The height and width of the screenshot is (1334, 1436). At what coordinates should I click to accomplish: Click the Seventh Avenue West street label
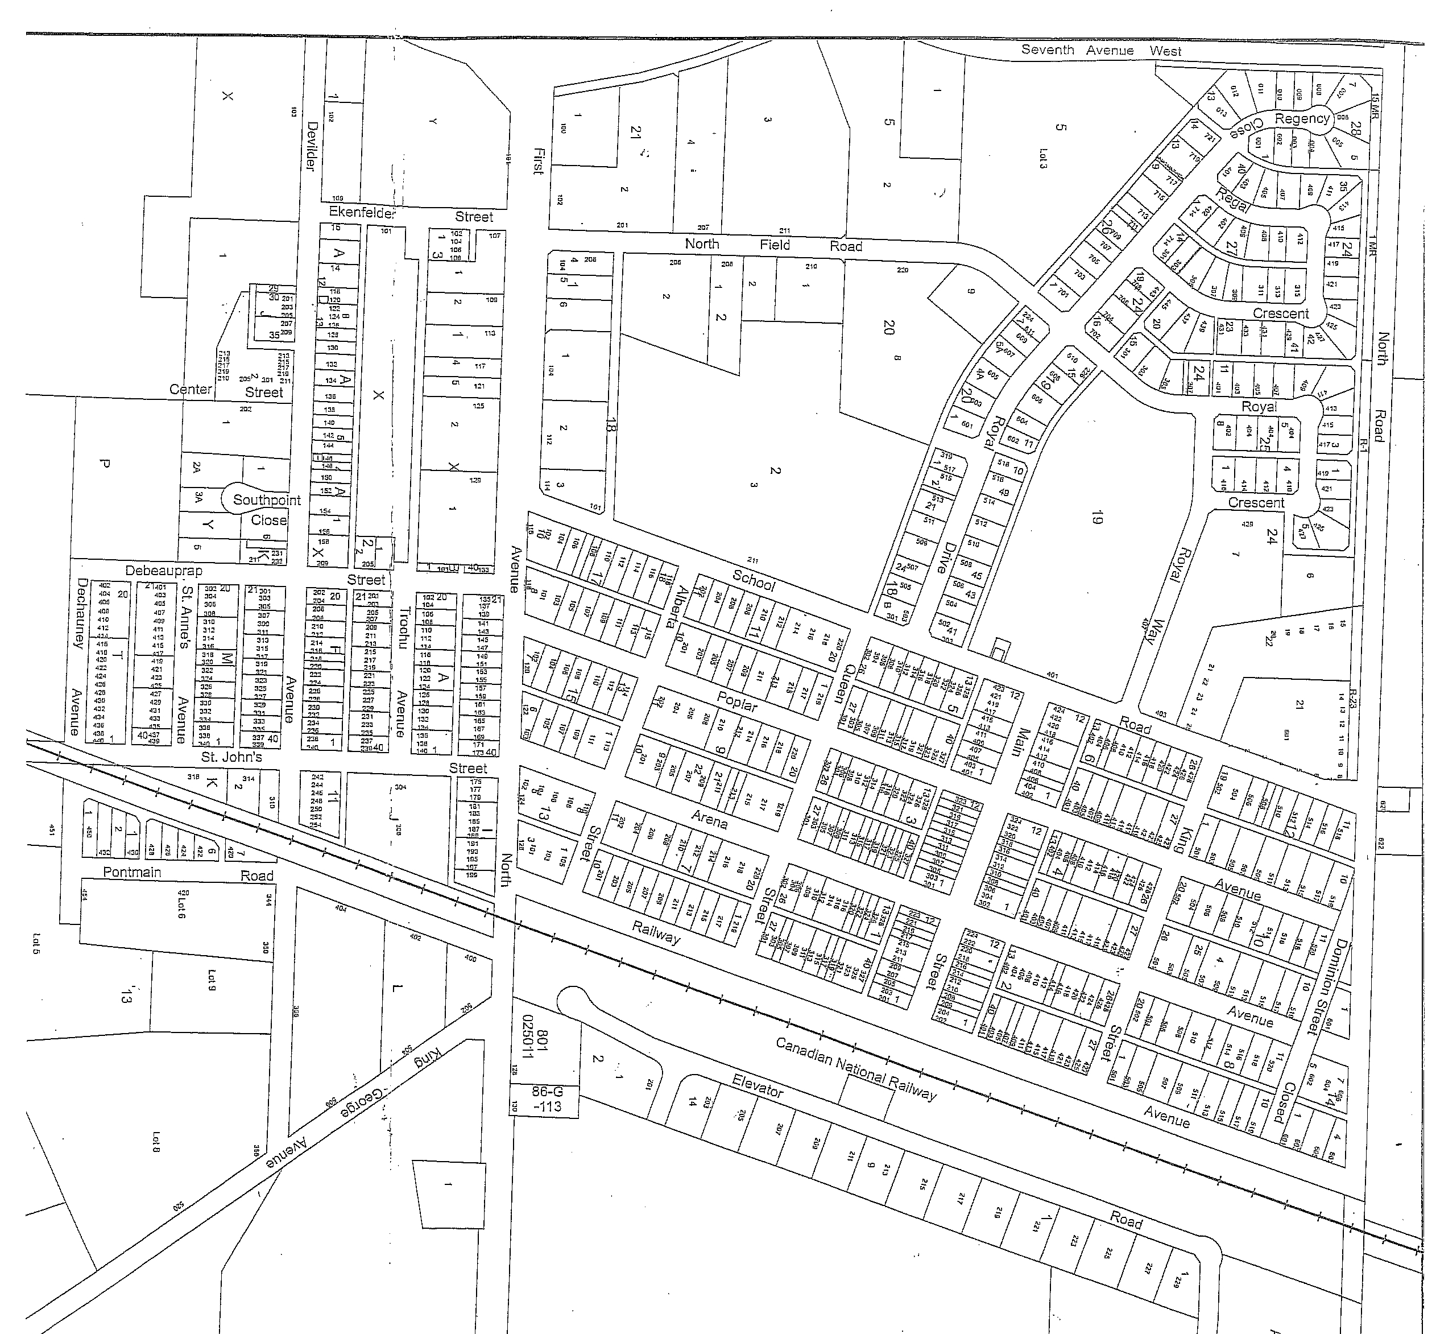tap(1100, 51)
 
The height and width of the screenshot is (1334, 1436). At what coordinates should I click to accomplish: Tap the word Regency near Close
tap(1302, 119)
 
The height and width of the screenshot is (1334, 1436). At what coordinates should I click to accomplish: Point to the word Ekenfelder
tap(362, 212)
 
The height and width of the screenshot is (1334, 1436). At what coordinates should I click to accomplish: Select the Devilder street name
tap(312, 146)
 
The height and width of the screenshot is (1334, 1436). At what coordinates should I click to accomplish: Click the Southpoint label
tap(266, 499)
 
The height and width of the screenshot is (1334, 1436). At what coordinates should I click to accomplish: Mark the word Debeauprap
tap(164, 570)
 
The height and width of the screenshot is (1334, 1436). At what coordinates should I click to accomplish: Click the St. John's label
tap(231, 757)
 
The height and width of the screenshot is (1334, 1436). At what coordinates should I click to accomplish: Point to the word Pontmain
tap(132, 872)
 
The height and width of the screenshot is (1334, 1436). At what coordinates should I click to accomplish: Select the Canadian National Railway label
tap(856, 1069)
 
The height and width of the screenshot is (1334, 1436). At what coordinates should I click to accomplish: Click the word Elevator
tap(757, 1085)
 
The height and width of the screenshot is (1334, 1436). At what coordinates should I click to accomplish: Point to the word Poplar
tap(736, 701)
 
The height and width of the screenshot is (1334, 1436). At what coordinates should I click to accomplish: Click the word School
tap(754, 580)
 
